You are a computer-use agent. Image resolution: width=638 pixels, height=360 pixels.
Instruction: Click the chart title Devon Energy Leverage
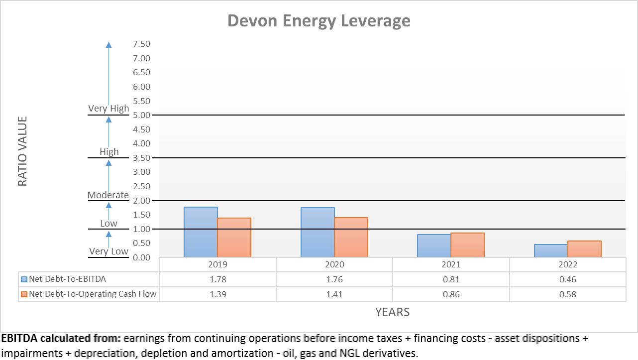pyautogui.click(x=319, y=21)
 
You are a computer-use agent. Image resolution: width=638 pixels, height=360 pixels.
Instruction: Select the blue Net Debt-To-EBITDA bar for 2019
pyautogui.click(x=201, y=232)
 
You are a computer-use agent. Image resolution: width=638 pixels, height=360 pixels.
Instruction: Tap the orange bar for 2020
pyautogui.click(x=351, y=238)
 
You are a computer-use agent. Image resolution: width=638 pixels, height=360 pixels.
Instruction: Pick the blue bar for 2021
pyautogui.click(x=434, y=245)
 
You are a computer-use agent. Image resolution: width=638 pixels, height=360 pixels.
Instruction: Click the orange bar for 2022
pyautogui.click(x=584, y=249)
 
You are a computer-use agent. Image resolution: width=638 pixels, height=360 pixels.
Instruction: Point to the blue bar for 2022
pyautogui.click(x=551, y=250)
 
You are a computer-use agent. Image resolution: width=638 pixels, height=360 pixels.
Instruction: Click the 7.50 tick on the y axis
pyautogui.click(x=141, y=44)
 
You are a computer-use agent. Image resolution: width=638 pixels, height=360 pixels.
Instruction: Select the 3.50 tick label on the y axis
pyautogui.click(x=141, y=158)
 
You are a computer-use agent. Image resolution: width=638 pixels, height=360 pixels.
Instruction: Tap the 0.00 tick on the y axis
pyautogui.click(x=141, y=257)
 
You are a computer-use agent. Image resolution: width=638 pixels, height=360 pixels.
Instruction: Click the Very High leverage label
pyautogui.click(x=108, y=109)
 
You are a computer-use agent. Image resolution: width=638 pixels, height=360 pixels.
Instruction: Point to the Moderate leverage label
pyautogui.click(x=108, y=195)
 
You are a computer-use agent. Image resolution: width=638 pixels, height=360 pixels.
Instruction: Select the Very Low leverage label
pyautogui.click(x=108, y=251)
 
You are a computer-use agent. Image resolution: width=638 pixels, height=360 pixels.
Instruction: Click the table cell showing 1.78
pyautogui.click(x=217, y=279)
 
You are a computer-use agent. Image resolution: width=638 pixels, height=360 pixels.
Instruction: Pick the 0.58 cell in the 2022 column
pyautogui.click(x=567, y=294)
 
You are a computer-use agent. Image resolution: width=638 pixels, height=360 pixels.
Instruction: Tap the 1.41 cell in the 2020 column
pyautogui.click(x=334, y=294)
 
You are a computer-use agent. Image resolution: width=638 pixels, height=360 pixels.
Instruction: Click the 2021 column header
pyautogui.click(x=451, y=265)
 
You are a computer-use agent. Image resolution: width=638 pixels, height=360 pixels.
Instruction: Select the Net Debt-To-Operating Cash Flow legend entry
pyautogui.click(x=93, y=294)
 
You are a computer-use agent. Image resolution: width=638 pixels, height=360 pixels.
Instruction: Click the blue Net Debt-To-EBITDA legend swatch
pyautogui.click(x=24, y=279)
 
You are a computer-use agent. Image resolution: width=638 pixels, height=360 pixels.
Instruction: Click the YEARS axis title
pyautogui.click(x=392, y=312)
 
